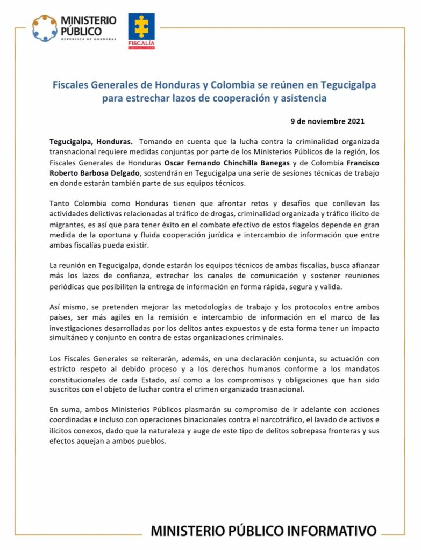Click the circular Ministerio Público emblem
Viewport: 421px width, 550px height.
(x=45, y=28)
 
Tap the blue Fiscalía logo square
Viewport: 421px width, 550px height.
(x=141, y=28)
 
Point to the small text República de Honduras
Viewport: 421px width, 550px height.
(x=89, y=39)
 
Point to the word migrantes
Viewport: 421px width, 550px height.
(x=66, y=225)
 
